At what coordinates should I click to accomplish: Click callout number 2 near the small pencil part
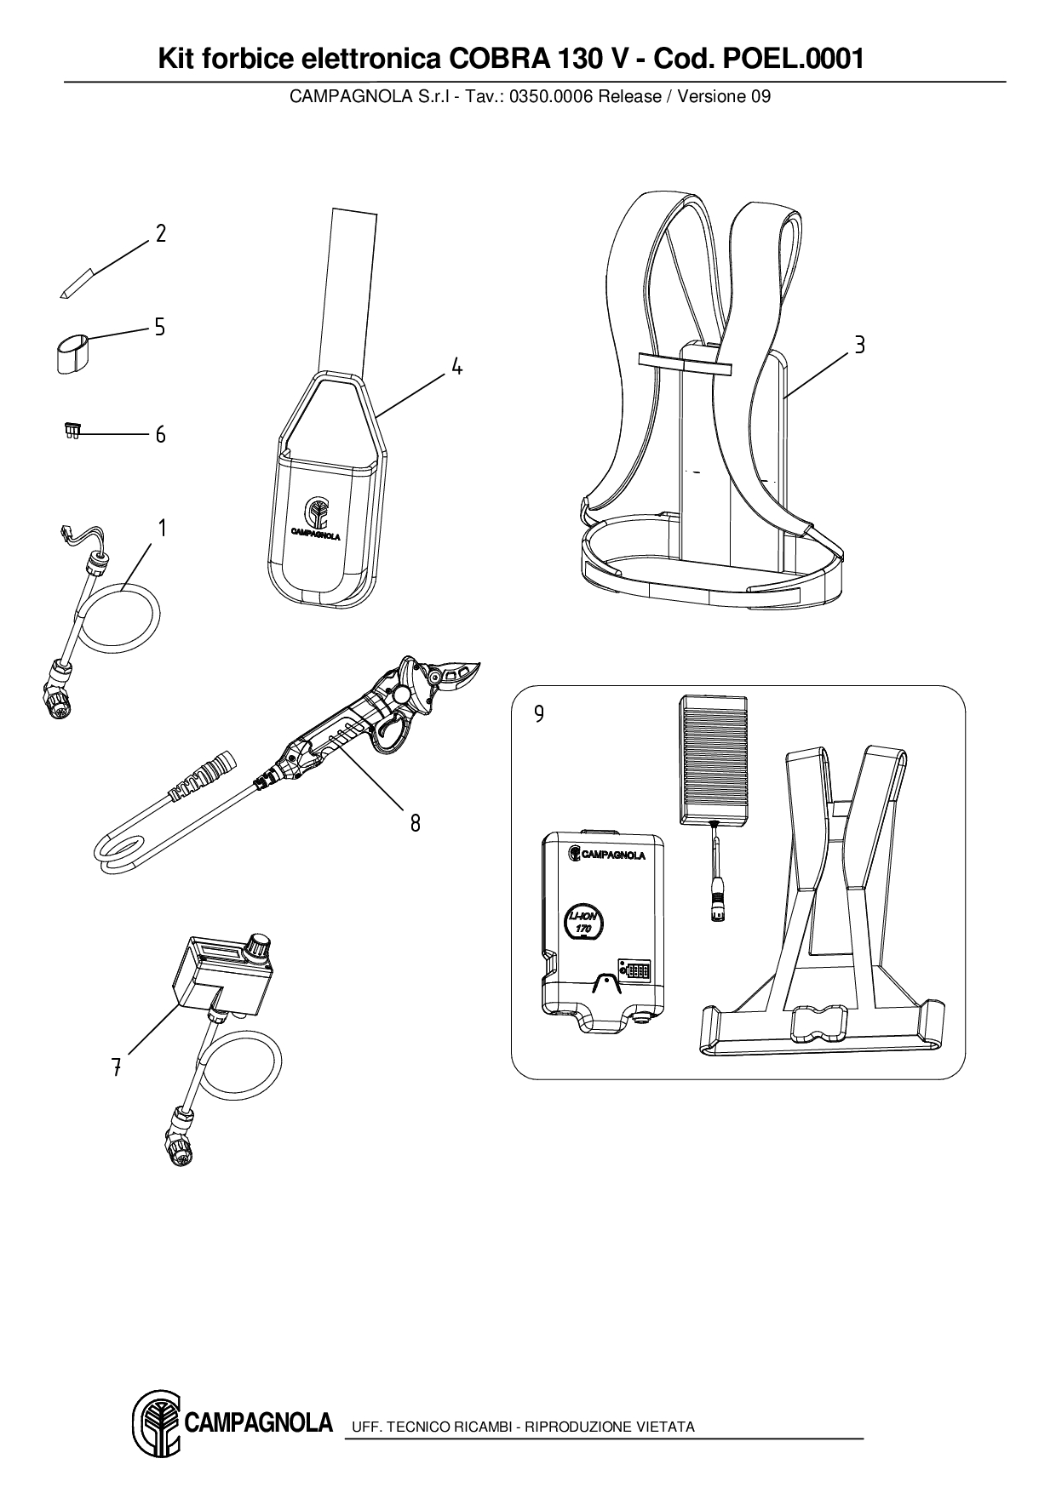(160, 233)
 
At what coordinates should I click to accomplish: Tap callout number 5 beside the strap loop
(160, 327)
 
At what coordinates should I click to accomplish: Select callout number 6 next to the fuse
(160, 435)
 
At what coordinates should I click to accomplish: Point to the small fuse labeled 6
(72, 432)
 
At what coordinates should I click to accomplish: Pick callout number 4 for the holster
(457, 367)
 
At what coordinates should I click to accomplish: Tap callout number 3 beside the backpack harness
(860, 346)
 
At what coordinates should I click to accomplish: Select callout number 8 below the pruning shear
(415, 823)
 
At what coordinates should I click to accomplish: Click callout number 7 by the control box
(116, 1067)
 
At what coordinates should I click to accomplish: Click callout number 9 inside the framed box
(538, 713)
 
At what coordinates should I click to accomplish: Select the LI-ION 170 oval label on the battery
(583, 924)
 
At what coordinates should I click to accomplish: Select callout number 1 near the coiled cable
(160, 528)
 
